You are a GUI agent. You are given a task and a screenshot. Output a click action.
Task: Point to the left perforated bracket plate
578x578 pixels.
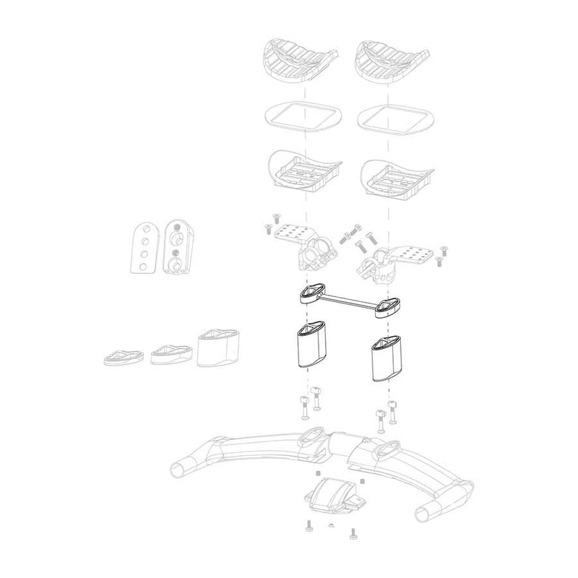pos(291,233)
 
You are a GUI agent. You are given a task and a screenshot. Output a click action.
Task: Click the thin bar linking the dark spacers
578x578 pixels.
pos(347,299)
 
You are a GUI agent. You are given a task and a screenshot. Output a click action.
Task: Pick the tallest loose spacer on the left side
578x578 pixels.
pos(217,349)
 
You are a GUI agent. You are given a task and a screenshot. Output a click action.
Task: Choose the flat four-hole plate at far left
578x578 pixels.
pos(144,250)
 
